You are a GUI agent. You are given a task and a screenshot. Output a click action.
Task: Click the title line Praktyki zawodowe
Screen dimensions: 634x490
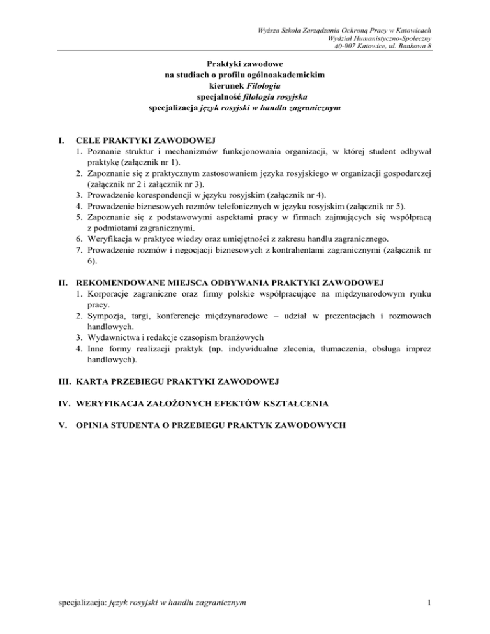click(x=245, y=64)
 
